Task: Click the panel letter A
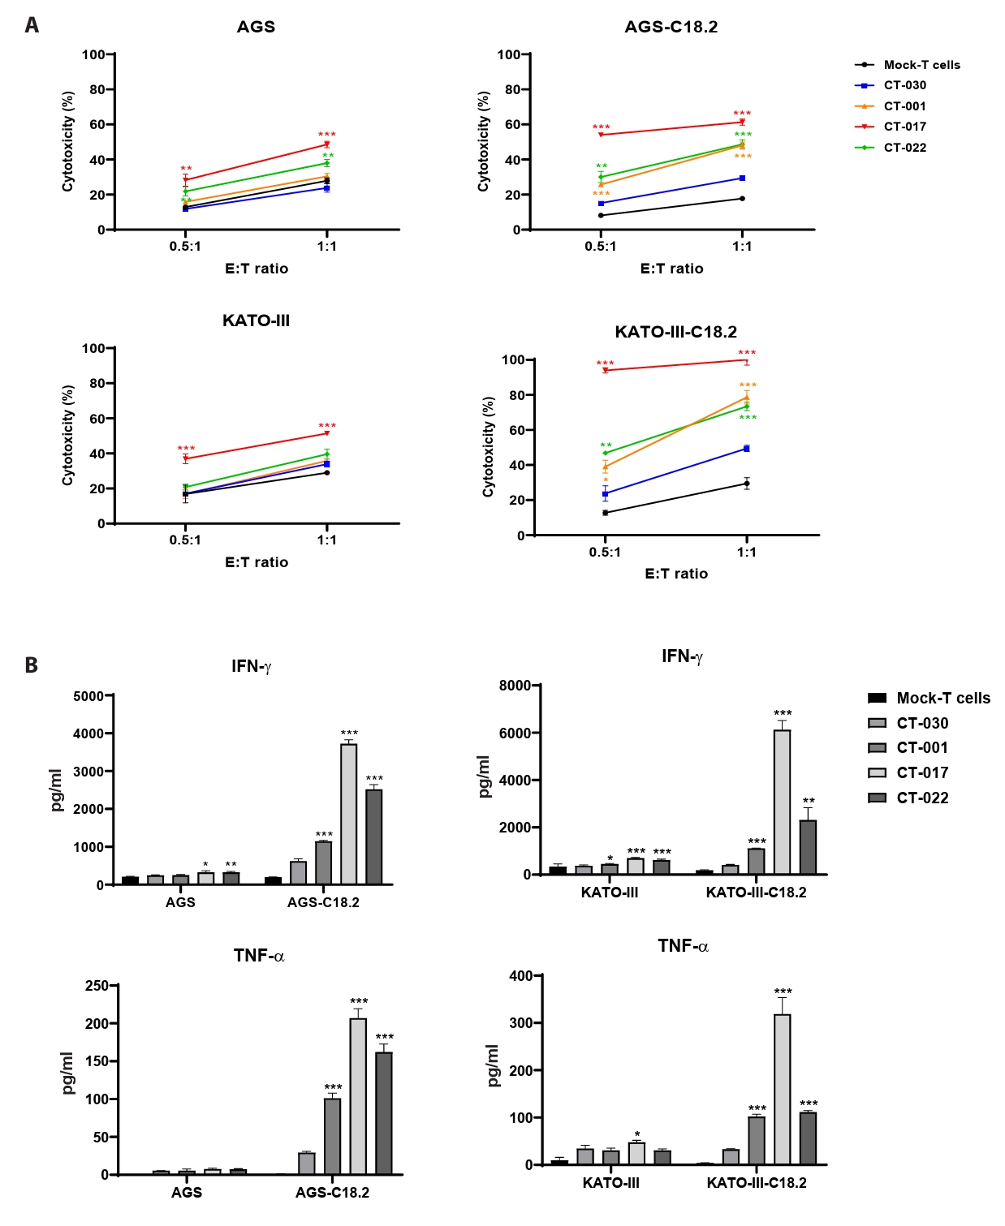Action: click(x=32, y=25)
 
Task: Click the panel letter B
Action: click(x=32, y=665)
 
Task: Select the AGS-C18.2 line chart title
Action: click(x=671, y=27)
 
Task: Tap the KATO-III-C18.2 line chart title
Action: click(x=675, y=332)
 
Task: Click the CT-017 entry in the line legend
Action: click(x=904, y=127)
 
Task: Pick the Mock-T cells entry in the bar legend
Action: click(x=942, y=699)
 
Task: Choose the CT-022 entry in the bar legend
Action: click(x=921, y=798)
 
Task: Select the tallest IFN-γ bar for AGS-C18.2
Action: click(x=348, y=814)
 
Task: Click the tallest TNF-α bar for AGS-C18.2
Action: click(x=358, y=1095)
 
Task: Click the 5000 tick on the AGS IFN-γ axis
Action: click(x=88, y=696)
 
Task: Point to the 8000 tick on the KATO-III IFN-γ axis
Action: click(x=515, y=686)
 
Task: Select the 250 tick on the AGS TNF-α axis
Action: click(x=97, y=986)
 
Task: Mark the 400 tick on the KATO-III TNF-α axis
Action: click(x=520, y=976)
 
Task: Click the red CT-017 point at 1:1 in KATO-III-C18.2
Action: click(x=746, y=360)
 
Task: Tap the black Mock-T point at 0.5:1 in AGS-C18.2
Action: click(x=601, y=215)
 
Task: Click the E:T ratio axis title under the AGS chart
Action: click(x=257, y=269)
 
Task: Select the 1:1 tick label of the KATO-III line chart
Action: click(x=326, y=540)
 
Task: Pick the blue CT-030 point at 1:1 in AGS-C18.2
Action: click(x=742, y=179)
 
